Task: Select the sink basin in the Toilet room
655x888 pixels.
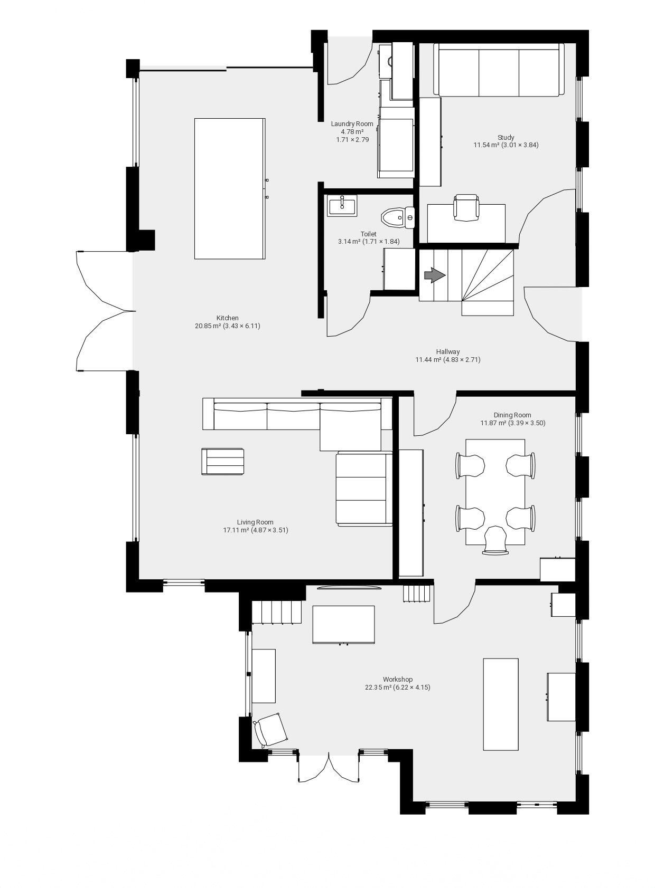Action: coord(343,205)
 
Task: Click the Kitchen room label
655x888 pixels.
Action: coord(227,318)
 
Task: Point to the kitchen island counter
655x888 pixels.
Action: coord(229,188)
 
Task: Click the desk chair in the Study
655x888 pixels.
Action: coord(466,207)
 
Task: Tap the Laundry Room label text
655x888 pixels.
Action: coord(352,124)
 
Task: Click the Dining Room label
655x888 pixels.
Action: coord(512,415)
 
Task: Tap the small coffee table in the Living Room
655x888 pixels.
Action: coord(222,461)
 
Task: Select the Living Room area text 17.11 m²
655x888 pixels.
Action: coord(236,530)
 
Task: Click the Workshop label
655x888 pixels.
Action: coord(398,679)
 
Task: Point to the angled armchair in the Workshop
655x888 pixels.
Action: coord(271,730)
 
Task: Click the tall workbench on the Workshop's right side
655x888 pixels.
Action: coord(500,704)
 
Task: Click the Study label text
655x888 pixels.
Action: coord(506,137)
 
